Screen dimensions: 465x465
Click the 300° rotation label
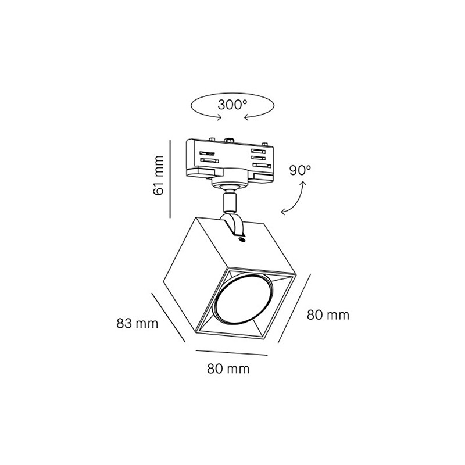[x=232, y=105]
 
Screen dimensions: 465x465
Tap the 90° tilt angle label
[x=300, y=170]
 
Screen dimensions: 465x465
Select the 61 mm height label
[x=158, y=175]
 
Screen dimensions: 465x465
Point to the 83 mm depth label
[x=137, y=323]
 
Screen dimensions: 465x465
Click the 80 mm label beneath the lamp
[x=228, y=369]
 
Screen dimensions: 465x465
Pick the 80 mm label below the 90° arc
[x=328, y=314]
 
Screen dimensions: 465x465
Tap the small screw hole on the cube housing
[x=242, y=239]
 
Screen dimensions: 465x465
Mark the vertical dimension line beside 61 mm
[x=170, y=179]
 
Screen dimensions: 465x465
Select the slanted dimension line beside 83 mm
[x=168, y=317]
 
